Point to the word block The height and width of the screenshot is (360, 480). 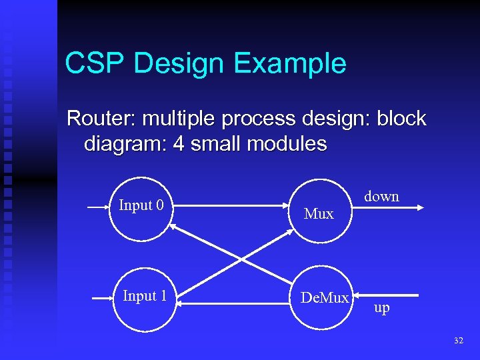click(401, 119)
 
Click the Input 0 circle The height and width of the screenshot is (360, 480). click(141, 207)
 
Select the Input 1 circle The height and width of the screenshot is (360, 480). click(144, 297)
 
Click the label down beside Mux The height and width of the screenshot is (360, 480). click(381, 197)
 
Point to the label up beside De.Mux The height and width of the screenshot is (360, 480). click(382, 309)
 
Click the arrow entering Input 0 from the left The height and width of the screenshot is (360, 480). click(98, 208)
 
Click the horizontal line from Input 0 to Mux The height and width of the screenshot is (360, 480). click(233, 208)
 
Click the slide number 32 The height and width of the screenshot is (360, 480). click(458, 341)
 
